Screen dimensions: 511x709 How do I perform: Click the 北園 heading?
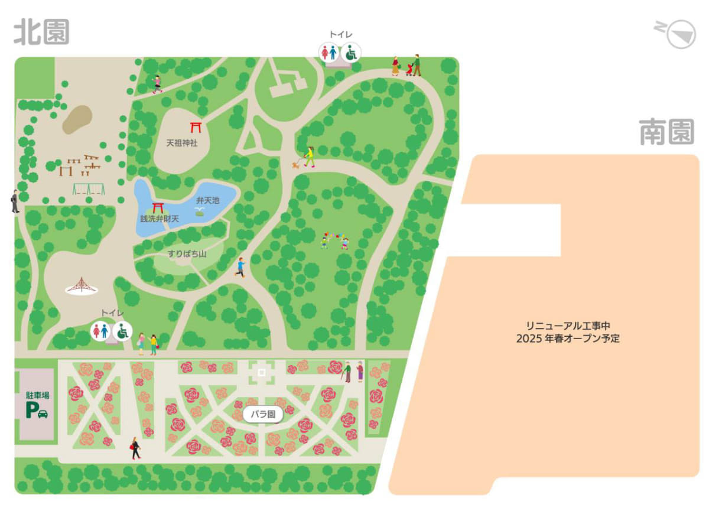point(41,32)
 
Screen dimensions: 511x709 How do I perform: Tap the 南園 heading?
point(666,132)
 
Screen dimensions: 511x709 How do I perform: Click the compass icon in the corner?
point(679,33)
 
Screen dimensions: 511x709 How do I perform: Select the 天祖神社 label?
point(181,143)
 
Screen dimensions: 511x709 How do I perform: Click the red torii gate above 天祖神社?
point(196,126)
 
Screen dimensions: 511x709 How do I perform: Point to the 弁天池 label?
point(207,201)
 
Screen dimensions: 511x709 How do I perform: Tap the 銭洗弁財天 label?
point(159,219)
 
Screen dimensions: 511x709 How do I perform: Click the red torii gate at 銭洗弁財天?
point(158,207)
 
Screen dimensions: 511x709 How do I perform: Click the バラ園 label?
point(263,414)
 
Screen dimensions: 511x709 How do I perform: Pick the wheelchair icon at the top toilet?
point(351,53)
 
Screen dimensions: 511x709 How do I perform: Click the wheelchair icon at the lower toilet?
point(123,331)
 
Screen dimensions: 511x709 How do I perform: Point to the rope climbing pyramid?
point(82,286)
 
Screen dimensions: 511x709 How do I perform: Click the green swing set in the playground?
point(89,189)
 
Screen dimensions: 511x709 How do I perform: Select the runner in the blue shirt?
point(240,267)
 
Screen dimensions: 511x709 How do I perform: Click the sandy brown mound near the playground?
point(77,119)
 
